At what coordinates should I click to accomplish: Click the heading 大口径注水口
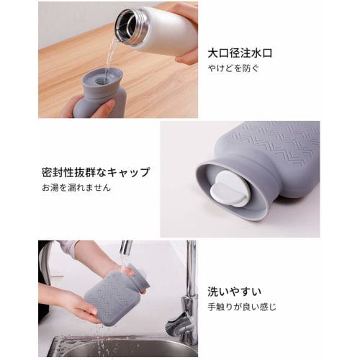pyautogui.click(x=240, y=53)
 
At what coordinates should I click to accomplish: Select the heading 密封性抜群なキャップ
pyautogui.click(x=96, y=173)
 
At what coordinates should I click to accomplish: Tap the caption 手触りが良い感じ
pyautogui.click(x=241, y=307)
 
